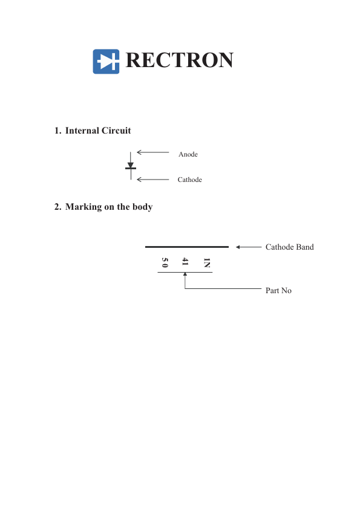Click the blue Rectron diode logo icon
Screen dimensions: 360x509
point(106,61)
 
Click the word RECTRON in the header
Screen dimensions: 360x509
point(179,60)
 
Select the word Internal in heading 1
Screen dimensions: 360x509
point(82,131)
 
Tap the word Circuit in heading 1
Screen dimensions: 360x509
point(116,131)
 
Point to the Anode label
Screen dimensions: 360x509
point(188,154)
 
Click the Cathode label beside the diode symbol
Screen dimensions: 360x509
point(190,180)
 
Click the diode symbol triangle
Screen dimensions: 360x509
point(131,165)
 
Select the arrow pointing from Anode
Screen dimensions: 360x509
point(152,152)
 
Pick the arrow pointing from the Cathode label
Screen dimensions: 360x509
point(152,180)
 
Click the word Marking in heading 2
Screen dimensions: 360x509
point(83,207)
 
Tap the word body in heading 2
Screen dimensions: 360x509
point(143,207)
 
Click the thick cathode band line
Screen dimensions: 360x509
point(187,247)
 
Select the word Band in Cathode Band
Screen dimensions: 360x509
point(305,247)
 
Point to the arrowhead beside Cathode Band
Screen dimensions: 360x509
point(238,247)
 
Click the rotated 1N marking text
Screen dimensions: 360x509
point(207,262)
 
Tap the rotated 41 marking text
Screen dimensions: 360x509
point(185,262)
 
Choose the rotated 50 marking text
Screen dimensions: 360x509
point(165,262)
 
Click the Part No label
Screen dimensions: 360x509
point(278,291)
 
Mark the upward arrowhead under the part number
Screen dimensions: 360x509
point(185,274)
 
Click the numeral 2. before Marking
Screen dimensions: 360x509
point(58,207)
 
